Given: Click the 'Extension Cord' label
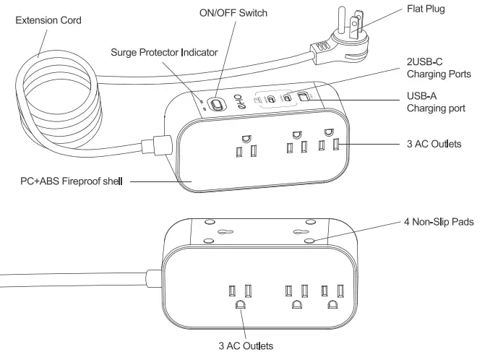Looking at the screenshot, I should pos(48,20).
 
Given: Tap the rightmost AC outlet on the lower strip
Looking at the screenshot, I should pos(332,297).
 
